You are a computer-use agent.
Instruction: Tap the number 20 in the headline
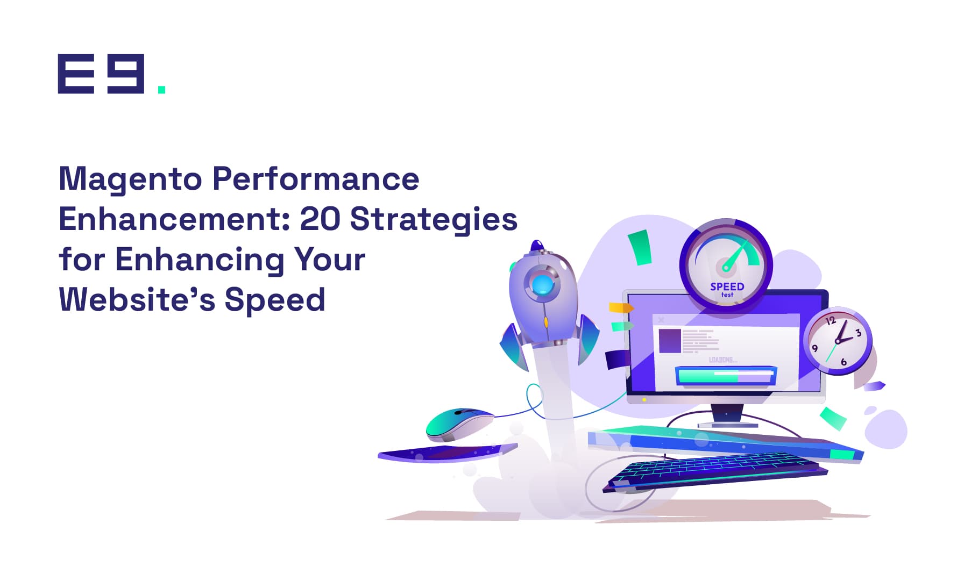coord(320,219)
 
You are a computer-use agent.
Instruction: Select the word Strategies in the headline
coord(434,221)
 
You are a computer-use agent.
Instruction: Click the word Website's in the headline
coord(137,299)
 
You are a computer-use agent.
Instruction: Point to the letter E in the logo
coord(76,74)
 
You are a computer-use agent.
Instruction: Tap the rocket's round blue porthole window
coord(542,284)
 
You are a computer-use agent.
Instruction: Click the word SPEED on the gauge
coord(727,286)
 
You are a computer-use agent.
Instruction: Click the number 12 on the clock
coord(831,321)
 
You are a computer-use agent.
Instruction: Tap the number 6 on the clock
coord(843,362)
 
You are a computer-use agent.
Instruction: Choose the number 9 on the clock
coord(814,348)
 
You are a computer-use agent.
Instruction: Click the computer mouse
coord(459,423)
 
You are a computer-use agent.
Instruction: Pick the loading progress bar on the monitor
coord(726,375)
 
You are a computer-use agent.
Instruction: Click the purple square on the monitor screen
coord(670,341)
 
